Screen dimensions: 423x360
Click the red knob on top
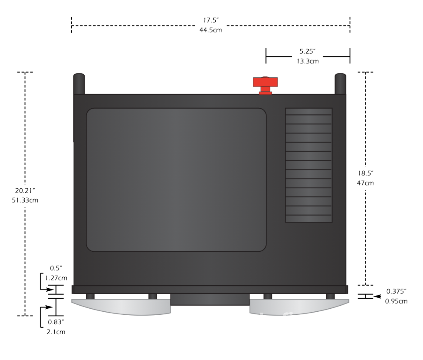tap(265, 85)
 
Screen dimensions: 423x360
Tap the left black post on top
tap(79, 84)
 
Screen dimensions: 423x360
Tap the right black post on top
tap(340, 84)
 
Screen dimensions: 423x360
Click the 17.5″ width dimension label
tap(211, 20)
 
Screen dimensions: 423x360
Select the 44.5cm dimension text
tap(211, 30)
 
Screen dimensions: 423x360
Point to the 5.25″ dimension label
tap(307, 51)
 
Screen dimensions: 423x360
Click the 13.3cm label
tap(307, 61)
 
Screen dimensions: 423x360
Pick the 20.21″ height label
tap(25, 190)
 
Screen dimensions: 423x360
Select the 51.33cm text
tap(25, 200)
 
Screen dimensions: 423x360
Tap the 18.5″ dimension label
tap(365, 173)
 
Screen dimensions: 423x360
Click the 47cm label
tap(365, 183)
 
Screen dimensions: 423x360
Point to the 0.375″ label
tap(396, 291)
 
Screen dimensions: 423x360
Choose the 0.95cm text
tap(396, 301)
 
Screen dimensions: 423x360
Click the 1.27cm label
tap(56, 278)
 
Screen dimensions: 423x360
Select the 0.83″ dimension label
tap(56, 322)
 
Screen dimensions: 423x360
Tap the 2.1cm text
tap(56, 332)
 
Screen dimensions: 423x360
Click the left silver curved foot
tap(121, 307)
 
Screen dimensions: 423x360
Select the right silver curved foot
tap(299, 307)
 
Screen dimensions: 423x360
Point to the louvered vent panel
tap(309, 165)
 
